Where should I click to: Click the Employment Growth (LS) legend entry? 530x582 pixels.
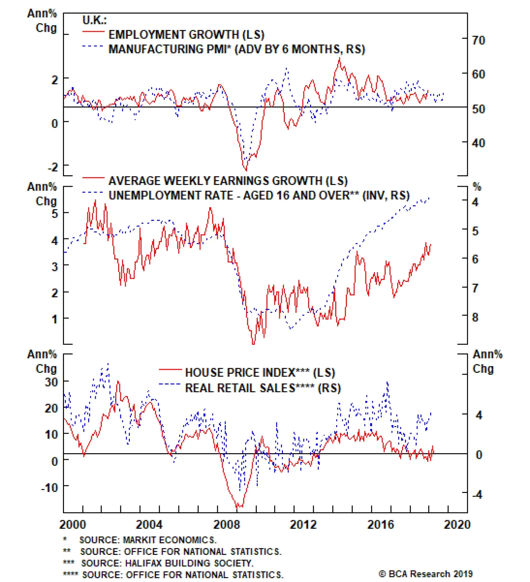click(x=186, y=34)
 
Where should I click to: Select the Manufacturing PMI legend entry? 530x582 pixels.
click(x=237, y=49)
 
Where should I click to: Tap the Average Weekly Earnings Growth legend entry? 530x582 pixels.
click(x=228, y=181)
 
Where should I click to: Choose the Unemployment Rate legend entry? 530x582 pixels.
click(x=259, y=195)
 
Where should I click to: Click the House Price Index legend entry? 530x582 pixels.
click(x=260, y=372)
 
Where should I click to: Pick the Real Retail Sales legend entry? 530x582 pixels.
click(x=263, y=388)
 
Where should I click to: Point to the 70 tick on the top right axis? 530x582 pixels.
click(x=478, y=40)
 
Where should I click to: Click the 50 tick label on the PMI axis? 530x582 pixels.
click(x=478, y=109)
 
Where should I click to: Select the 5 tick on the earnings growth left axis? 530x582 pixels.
click(x=55, y=214)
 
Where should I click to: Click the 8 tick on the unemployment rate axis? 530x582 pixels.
click(x=475, y=317)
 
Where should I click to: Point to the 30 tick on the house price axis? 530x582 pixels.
click(x=51, y=382)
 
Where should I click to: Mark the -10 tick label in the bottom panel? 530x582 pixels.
click(x=49, y=487)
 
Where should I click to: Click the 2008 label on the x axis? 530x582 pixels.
click(x=226, y=524)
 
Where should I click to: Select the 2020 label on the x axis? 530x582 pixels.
click(x=457, y=524)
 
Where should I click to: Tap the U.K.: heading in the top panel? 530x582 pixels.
click(x=94, y=20)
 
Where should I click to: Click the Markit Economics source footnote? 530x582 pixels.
click(x=148, y=540)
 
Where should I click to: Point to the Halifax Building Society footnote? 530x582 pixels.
click(x=167, y=563)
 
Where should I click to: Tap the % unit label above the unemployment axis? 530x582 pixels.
click(x=477, y=187)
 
